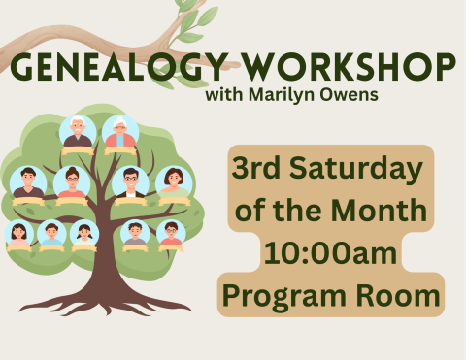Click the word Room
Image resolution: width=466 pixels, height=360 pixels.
pos(403,295)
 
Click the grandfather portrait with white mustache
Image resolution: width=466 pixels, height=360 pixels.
pos(77,133)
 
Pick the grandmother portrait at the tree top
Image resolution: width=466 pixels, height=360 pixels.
pos(120,133)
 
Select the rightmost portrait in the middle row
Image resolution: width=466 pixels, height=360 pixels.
pos(174,182)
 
